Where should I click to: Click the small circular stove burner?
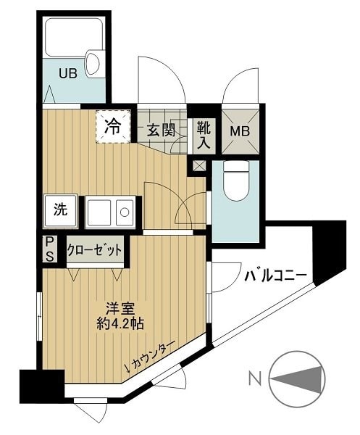click(x=125, y=212)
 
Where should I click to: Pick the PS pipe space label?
click(x=50, y=249)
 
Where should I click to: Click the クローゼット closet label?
click(x=95, y=250)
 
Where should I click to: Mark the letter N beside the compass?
click(x=255, y=378)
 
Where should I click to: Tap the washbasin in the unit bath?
click(x=93, y=64)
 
